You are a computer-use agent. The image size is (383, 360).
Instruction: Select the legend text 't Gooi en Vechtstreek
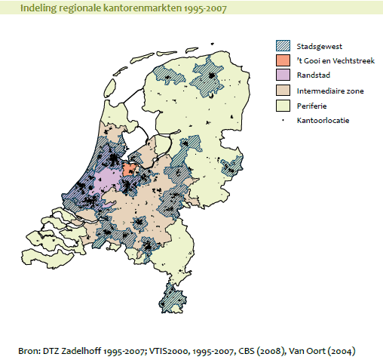337,60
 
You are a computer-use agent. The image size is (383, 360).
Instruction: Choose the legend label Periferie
314,105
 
